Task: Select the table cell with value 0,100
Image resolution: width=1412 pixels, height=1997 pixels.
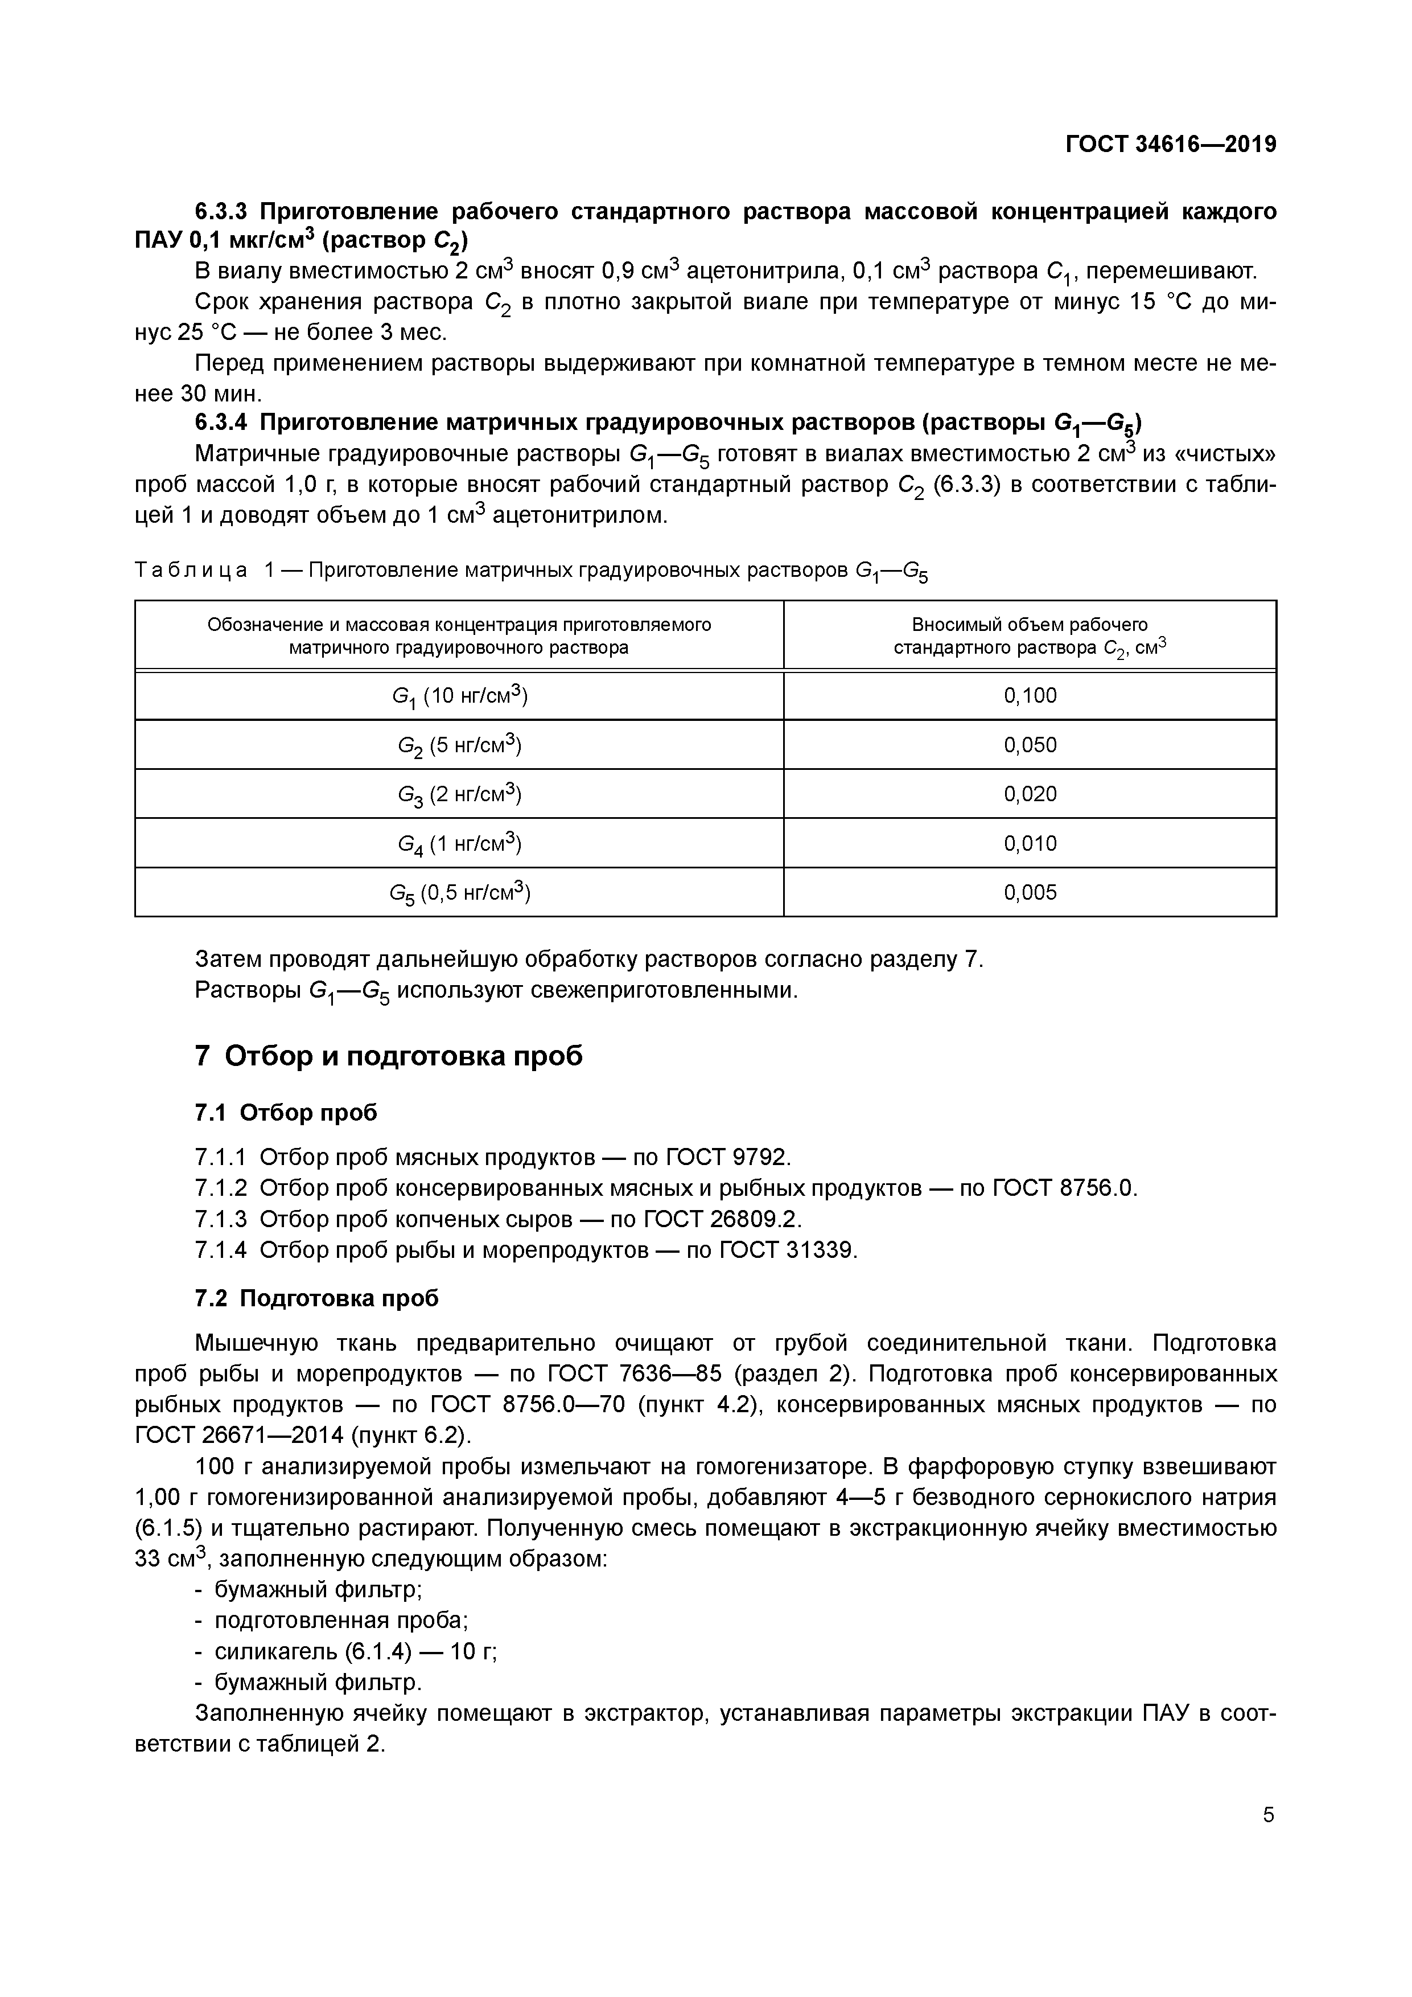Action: click(1030, 695)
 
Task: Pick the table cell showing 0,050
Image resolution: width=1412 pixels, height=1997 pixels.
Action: click(1030, 744)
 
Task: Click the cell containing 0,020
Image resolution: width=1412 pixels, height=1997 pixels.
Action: click(1030, 793)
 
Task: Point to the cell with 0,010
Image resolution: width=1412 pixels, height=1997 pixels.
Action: click(1030, 843)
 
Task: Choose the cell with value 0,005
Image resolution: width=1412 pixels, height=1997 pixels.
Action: click(1030, 892)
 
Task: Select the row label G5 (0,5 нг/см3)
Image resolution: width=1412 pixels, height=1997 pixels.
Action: click(459, 892)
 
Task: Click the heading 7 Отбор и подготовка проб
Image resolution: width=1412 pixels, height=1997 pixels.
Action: click(389, 1056)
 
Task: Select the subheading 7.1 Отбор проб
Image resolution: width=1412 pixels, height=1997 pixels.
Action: click(286, 1113)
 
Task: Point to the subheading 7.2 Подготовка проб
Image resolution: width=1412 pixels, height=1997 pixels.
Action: click(316, 1298)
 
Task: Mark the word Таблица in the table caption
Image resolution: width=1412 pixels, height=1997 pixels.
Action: click(191, 571)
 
